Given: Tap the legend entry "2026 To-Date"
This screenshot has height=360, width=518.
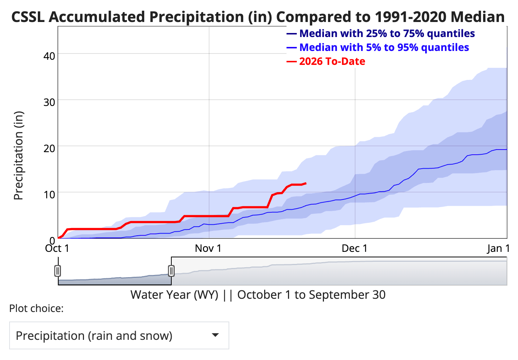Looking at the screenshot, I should point(332,61).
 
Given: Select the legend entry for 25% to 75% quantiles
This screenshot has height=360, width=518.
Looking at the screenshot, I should point(387,33).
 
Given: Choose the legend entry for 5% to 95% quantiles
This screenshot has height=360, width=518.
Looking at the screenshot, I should point(384,47).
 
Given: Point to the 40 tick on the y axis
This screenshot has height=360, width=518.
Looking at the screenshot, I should point(50,56).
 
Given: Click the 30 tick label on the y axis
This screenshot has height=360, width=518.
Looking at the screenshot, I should point(50,102).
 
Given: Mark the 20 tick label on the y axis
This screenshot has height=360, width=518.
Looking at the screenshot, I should point(50,148).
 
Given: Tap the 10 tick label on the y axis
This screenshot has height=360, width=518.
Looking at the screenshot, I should point(50,194).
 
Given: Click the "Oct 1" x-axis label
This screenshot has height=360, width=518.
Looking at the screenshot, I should point(57,249).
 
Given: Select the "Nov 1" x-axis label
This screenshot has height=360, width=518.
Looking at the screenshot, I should point(208,249).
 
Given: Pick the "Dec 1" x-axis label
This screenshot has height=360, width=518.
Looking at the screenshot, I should point(354,249).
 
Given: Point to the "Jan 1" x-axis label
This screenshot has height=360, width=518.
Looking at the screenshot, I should point(499,249).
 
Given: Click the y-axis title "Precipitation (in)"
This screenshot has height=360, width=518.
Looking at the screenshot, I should point(18,155).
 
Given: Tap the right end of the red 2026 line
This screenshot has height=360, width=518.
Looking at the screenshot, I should point(306,183).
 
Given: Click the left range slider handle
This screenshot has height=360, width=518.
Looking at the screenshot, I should point(58,271).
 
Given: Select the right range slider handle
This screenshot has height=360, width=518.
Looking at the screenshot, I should point(171,271).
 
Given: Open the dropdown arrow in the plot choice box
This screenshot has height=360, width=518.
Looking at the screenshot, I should point(216,335).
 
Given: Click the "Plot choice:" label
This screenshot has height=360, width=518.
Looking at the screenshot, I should point(36,309).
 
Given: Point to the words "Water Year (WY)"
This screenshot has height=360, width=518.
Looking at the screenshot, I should point(174,295).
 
